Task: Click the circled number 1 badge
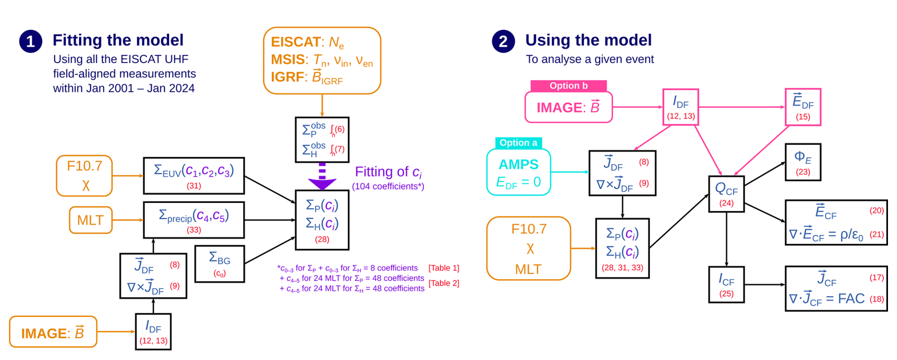coord(31,42)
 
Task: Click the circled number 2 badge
coord(503,42)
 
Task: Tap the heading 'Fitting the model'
coord(118,40)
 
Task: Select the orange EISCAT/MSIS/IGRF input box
coord(322,60)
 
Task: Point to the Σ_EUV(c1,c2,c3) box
coord(194,175)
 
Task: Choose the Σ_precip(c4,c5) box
coord(194,220)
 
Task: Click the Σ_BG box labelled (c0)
coord(220,264)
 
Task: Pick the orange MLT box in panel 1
coord(91,220)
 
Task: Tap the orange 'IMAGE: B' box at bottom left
coord(53,332)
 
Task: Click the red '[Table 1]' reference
coord(444,268)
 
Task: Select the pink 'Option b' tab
coord(568,86)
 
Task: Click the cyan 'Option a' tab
coord(518,143)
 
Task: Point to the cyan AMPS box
coord(519,172)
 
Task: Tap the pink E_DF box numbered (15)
coord(803,107)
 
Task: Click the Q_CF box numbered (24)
coord(726,194)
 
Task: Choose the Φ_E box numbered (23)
coord(803,162)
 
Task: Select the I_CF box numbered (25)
coord(726,284)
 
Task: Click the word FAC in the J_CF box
coord(851,299)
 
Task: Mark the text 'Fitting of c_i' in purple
coord(388,172)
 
